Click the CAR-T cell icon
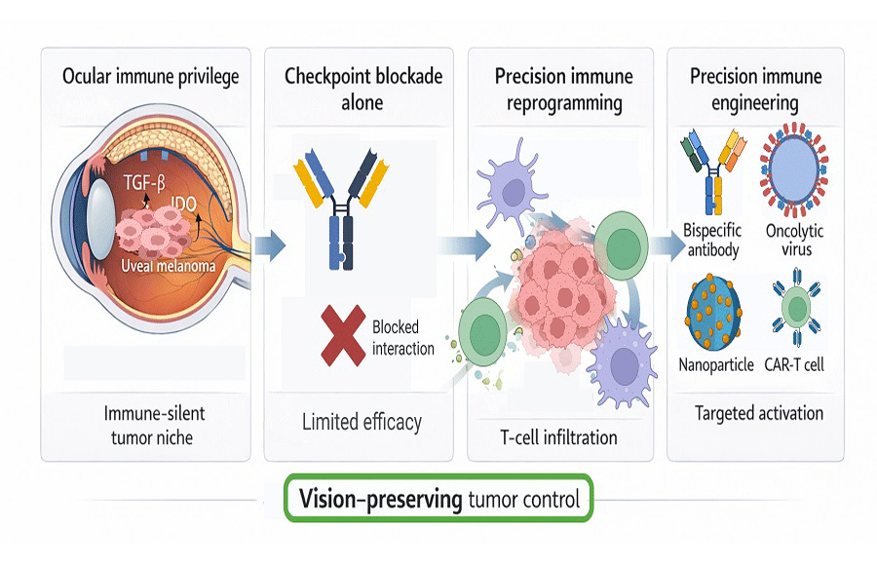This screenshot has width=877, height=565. (798, 312)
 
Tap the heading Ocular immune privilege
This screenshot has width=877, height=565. (151, 77)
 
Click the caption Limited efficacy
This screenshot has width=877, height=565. (362, 421)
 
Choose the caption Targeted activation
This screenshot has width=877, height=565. (758, 413)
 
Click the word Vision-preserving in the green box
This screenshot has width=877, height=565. (381, 501)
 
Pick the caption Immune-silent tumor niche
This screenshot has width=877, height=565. (154, 426)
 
